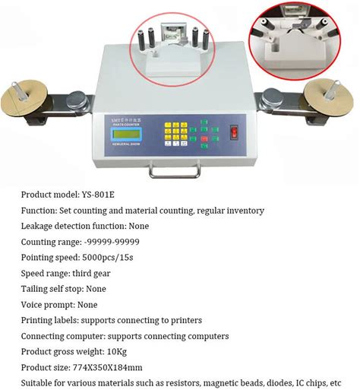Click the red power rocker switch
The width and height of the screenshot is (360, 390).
(x=234, y=132)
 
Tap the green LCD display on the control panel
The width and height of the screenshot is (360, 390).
(x=126, y=134)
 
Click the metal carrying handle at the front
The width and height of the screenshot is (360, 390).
(x=175, y=170)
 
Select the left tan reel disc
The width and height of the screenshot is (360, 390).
(x=24, y=98)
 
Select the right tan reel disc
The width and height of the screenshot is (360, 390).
(x=329, y=97)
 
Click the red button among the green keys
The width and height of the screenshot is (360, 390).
(x=204, y=138)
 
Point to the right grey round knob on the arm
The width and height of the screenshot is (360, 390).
(x=273, y=98)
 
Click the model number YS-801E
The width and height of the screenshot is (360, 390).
(x=98, y=195)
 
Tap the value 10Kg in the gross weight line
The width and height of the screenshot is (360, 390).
(x=117, y=352)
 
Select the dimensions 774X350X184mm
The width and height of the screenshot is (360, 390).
(x=107, y=367)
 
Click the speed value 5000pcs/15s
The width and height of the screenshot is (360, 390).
(x=108, y=258)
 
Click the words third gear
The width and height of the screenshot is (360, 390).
(x=91, y=274)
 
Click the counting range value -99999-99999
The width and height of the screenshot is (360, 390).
(x=112, y=242)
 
